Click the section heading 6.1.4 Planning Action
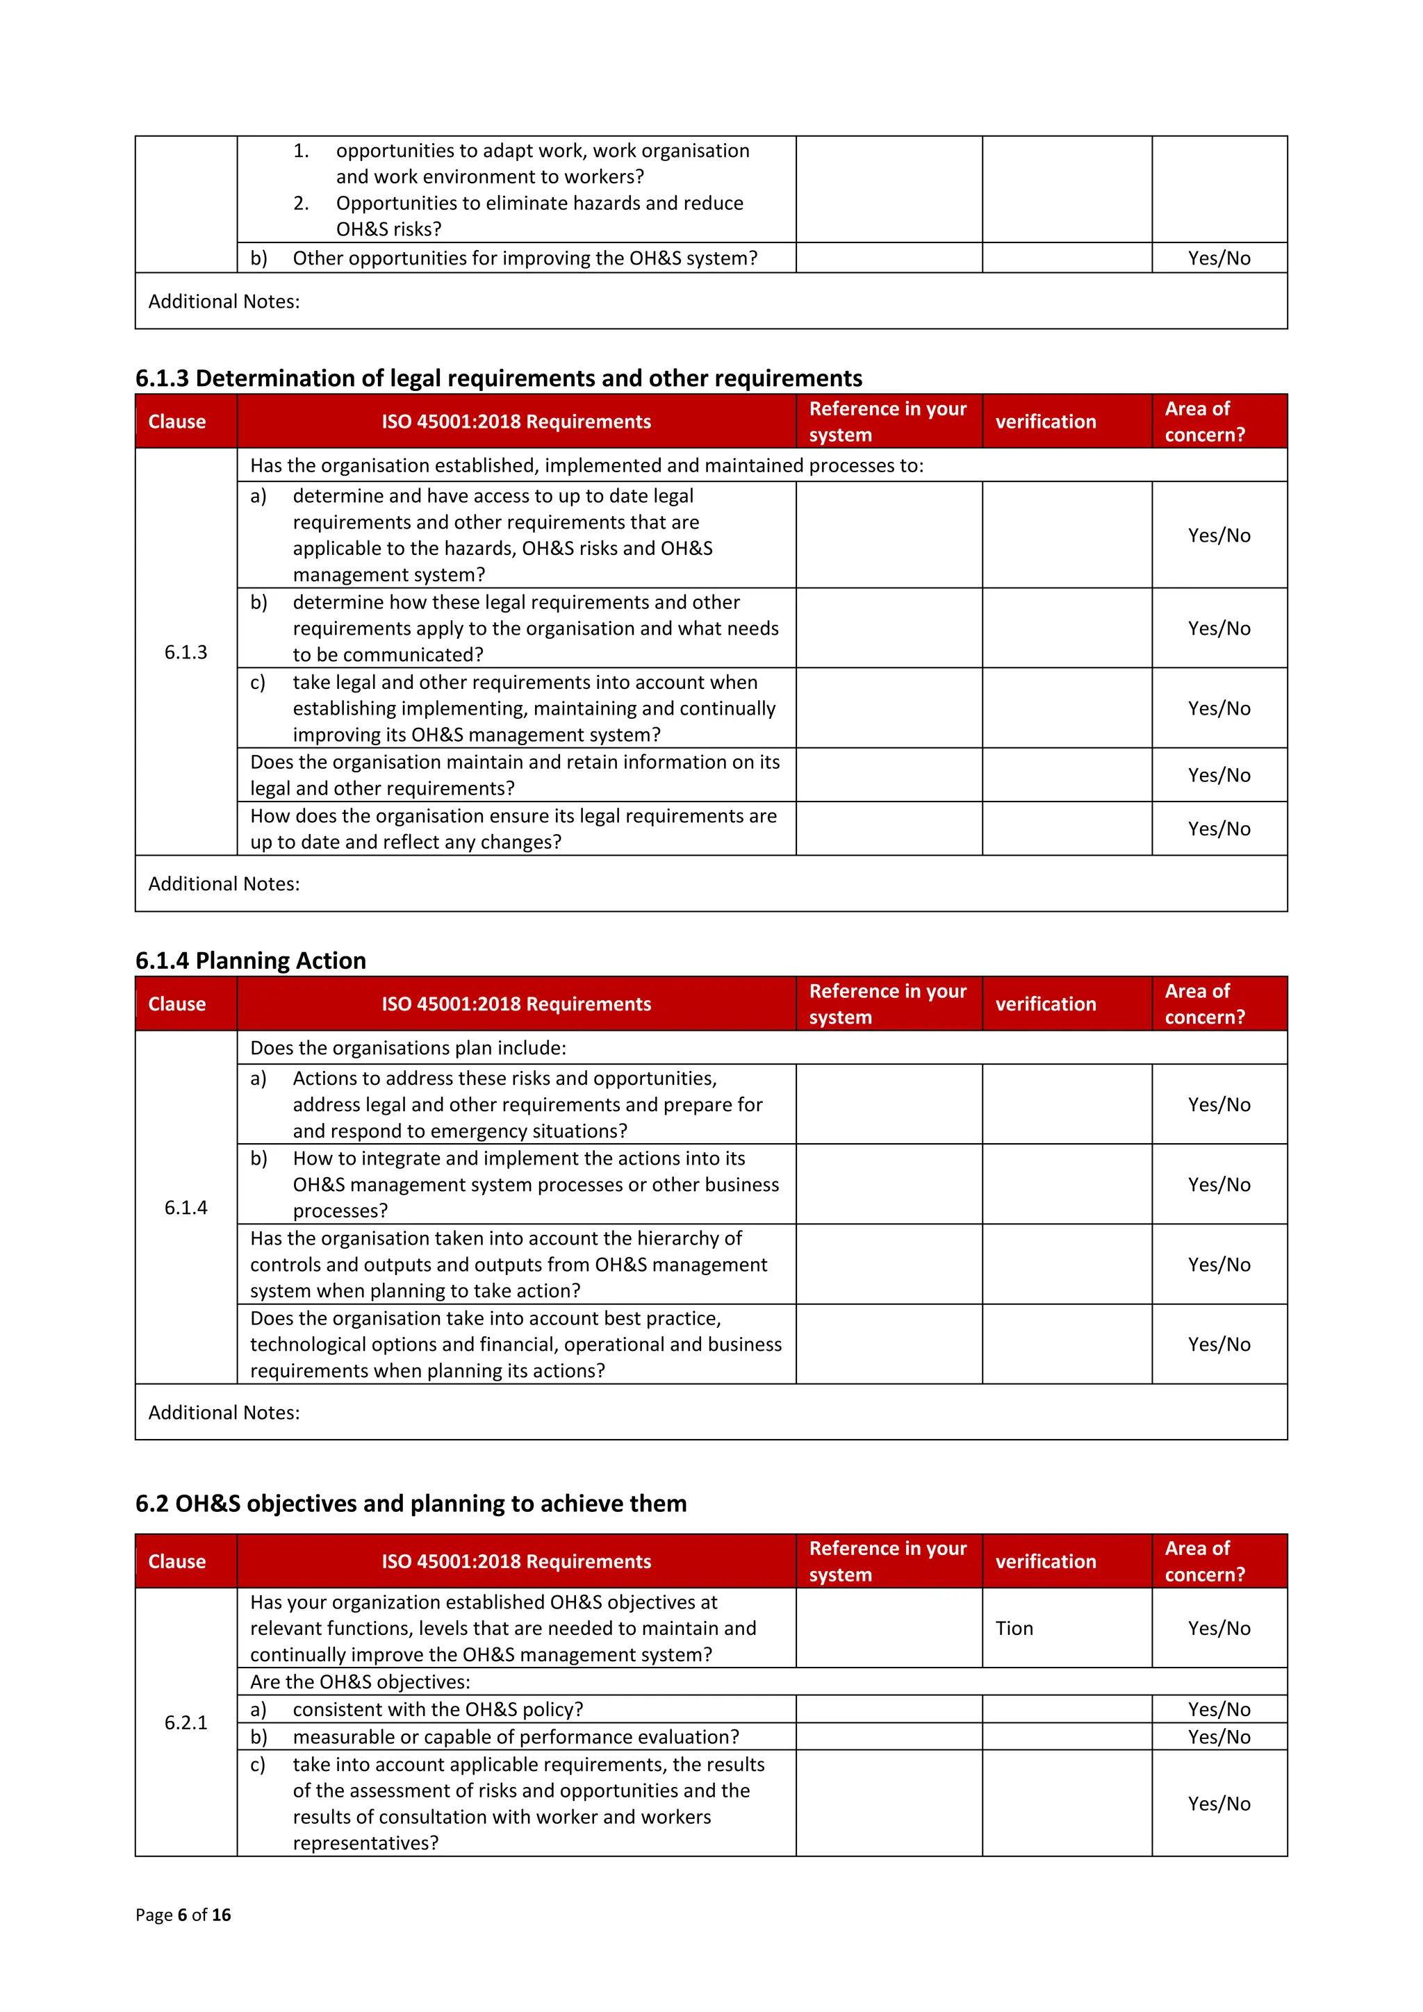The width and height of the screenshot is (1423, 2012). pyautogui.click(x=250, y=961)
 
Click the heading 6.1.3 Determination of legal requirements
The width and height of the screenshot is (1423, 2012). pyautogui.click(x=498, y=378)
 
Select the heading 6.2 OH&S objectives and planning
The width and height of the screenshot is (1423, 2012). pyautogui.click(x=411, y=1503)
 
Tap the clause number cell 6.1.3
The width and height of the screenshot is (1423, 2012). pyautogui.click(x=186, y=652)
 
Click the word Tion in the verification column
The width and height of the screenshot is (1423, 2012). pyautogui.click(x=1014, y=1628)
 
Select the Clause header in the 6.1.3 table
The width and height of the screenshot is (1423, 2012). pyautogui.click(x=177, y=422)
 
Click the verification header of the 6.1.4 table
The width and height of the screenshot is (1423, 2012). pyautogui.click(x=1045, y=1004)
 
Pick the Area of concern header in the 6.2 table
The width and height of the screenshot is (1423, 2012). pyautogui.click(x=1204, y=1561)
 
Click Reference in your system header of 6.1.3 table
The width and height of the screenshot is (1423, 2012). pyautogui.click(x=887, y=422)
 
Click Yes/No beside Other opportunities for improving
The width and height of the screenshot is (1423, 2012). pyautogui.click(x=1219, y=258)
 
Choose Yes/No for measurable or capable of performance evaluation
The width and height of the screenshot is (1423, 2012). pyautogui.click(x=1219, y=1736)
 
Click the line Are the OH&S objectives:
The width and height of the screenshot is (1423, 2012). pyautogui.click(x=361, y=1681)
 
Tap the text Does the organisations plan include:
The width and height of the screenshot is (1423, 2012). pyautogui.click(x=408, y=1047)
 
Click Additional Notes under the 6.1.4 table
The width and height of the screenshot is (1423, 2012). pyautogui.click(x=224, y=1412)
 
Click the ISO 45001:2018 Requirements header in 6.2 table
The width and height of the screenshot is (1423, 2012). pyautogui.click(x=516, y=1561)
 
